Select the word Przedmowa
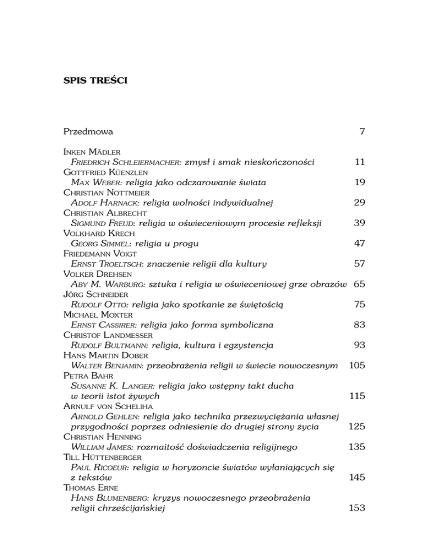(89, 132)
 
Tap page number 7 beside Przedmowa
(363, 132)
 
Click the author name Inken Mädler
(90, 152)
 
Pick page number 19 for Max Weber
(360, 182)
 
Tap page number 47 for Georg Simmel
(360, 243)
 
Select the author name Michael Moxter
(95, 314)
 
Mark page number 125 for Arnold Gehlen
(357, 426)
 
